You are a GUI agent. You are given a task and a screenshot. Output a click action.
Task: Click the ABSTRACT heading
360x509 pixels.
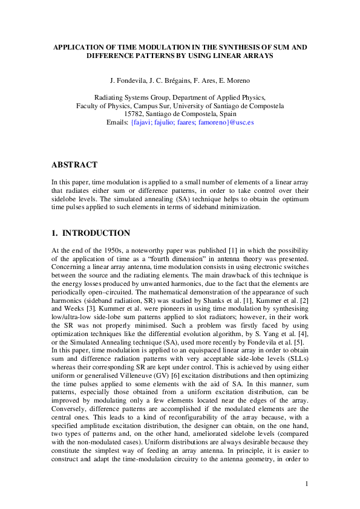(x=74, y=164)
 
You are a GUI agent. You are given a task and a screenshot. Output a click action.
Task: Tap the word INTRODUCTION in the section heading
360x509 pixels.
(x=96, y=233)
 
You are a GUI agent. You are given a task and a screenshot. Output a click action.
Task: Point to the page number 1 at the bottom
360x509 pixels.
(x=307, y=483)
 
